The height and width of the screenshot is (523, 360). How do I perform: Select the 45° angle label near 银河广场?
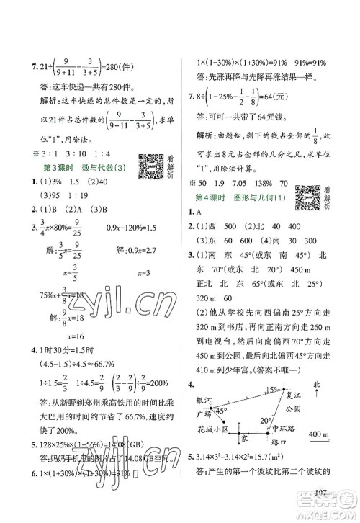(x=221, y=411)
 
